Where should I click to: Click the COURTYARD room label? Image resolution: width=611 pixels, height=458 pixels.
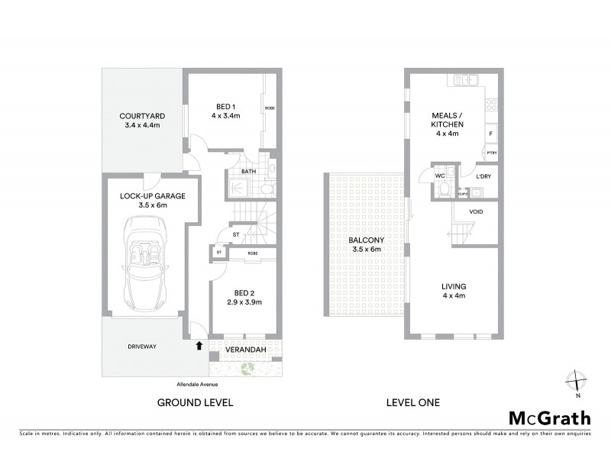click(x=143, y=117)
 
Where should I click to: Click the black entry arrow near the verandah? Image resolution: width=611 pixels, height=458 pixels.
click(x=199, y=346)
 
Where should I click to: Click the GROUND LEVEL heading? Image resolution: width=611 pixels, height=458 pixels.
click(x=195, y=402)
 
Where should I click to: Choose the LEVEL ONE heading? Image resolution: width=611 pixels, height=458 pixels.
click(x=413, y=402)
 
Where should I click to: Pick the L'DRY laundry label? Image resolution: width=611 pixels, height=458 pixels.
click(x=483, y=176)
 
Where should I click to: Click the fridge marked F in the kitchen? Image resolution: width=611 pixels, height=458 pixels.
click(x=490, y=133)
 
